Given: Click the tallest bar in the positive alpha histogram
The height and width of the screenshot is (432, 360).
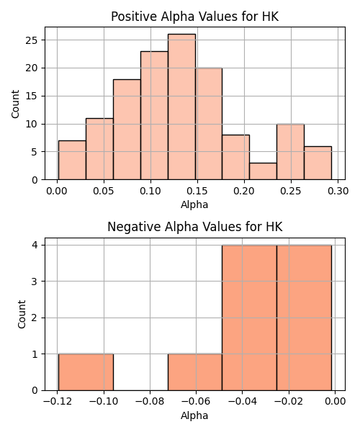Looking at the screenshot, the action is (x=181, y=107).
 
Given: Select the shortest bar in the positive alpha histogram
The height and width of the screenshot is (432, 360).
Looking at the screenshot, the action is (x=263, y=171).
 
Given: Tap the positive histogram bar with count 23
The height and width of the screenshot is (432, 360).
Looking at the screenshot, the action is (x=154, y=115).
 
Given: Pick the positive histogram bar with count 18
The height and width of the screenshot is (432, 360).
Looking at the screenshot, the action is (x=127, y=130).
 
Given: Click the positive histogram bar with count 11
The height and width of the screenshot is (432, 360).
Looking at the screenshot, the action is (x=99, y=149).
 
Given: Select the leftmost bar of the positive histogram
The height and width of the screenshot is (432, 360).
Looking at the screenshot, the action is (x=72, y=160).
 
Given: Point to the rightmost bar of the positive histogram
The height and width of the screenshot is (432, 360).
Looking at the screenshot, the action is (x=318, y=163).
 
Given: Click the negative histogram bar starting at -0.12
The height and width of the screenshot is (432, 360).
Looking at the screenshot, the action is (x=86, y=372).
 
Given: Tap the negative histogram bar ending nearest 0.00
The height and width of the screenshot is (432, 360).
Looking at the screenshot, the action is (x=304, y=318).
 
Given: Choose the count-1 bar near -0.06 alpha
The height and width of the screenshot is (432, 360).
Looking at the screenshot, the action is (x=195, y=372).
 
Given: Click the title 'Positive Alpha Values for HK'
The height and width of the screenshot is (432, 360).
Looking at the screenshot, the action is (x=194, y=17).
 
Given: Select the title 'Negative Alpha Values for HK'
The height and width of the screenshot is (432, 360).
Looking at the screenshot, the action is (x=194, y=227).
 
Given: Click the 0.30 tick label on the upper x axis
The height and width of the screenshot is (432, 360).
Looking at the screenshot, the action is (x=338, y=191).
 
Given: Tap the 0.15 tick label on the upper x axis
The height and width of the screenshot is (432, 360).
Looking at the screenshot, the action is (x=197, y=191).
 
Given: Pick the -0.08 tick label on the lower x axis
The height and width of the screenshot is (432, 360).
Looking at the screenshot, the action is (x=150, y=402).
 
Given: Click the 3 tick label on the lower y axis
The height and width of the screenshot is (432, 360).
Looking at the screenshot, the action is (x=35, y=282).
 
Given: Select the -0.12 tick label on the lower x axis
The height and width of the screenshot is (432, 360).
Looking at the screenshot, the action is (x=58, y=402).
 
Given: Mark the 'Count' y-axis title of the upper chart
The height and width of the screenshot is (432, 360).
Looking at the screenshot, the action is (x=15, y=104).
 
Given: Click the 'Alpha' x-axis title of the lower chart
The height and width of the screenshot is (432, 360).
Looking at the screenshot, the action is (x=194, y=415).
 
